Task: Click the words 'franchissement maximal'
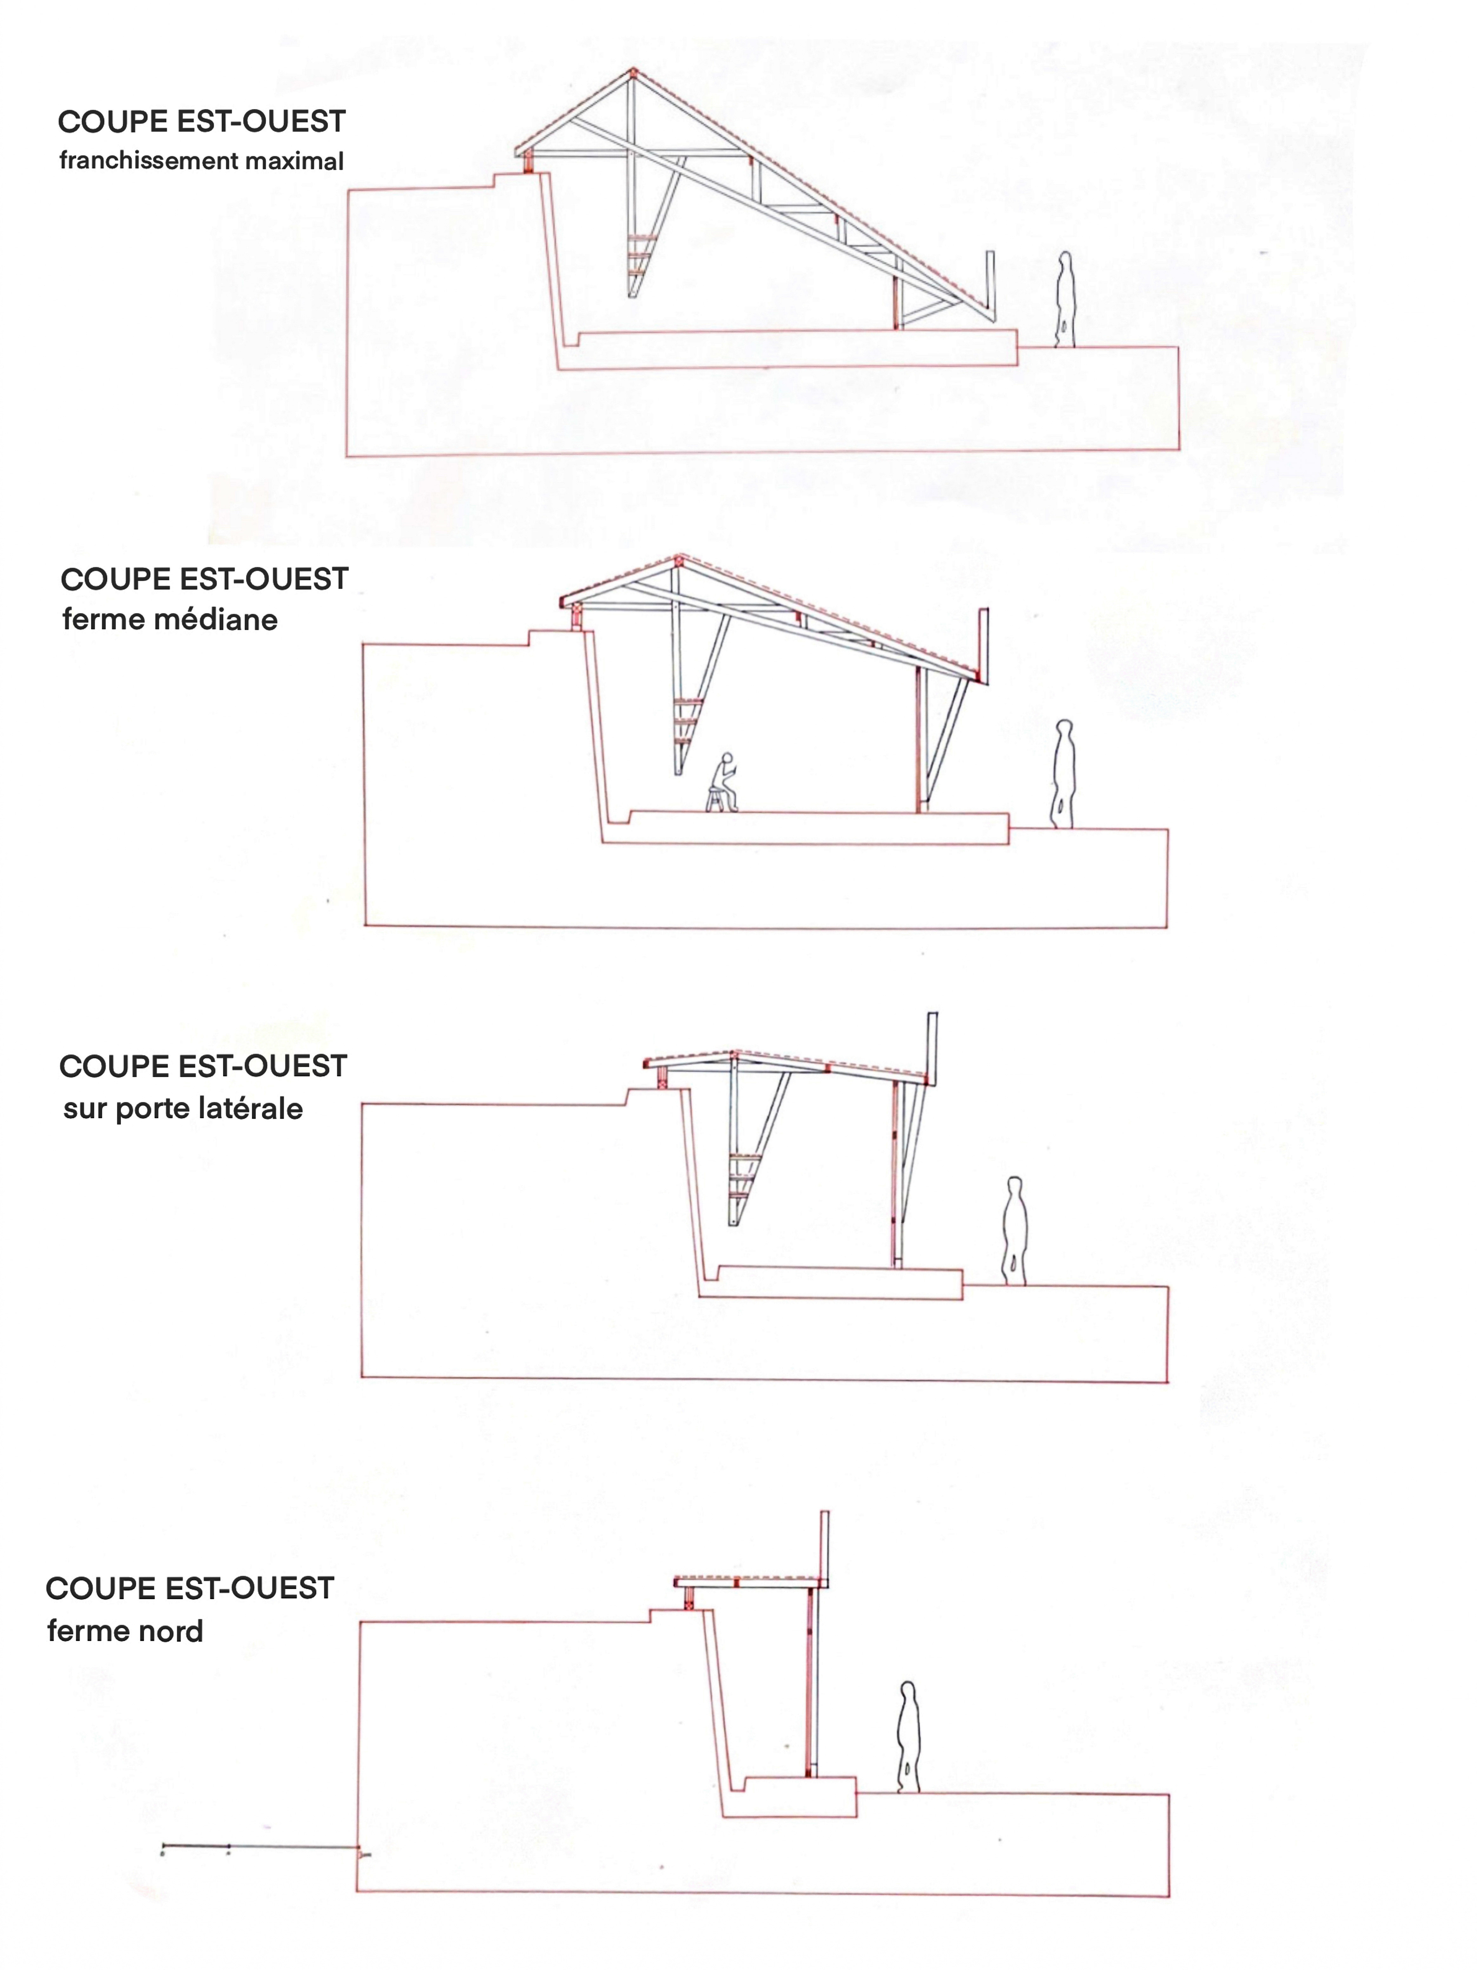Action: point(201,161)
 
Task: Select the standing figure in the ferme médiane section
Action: point(1063,774)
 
